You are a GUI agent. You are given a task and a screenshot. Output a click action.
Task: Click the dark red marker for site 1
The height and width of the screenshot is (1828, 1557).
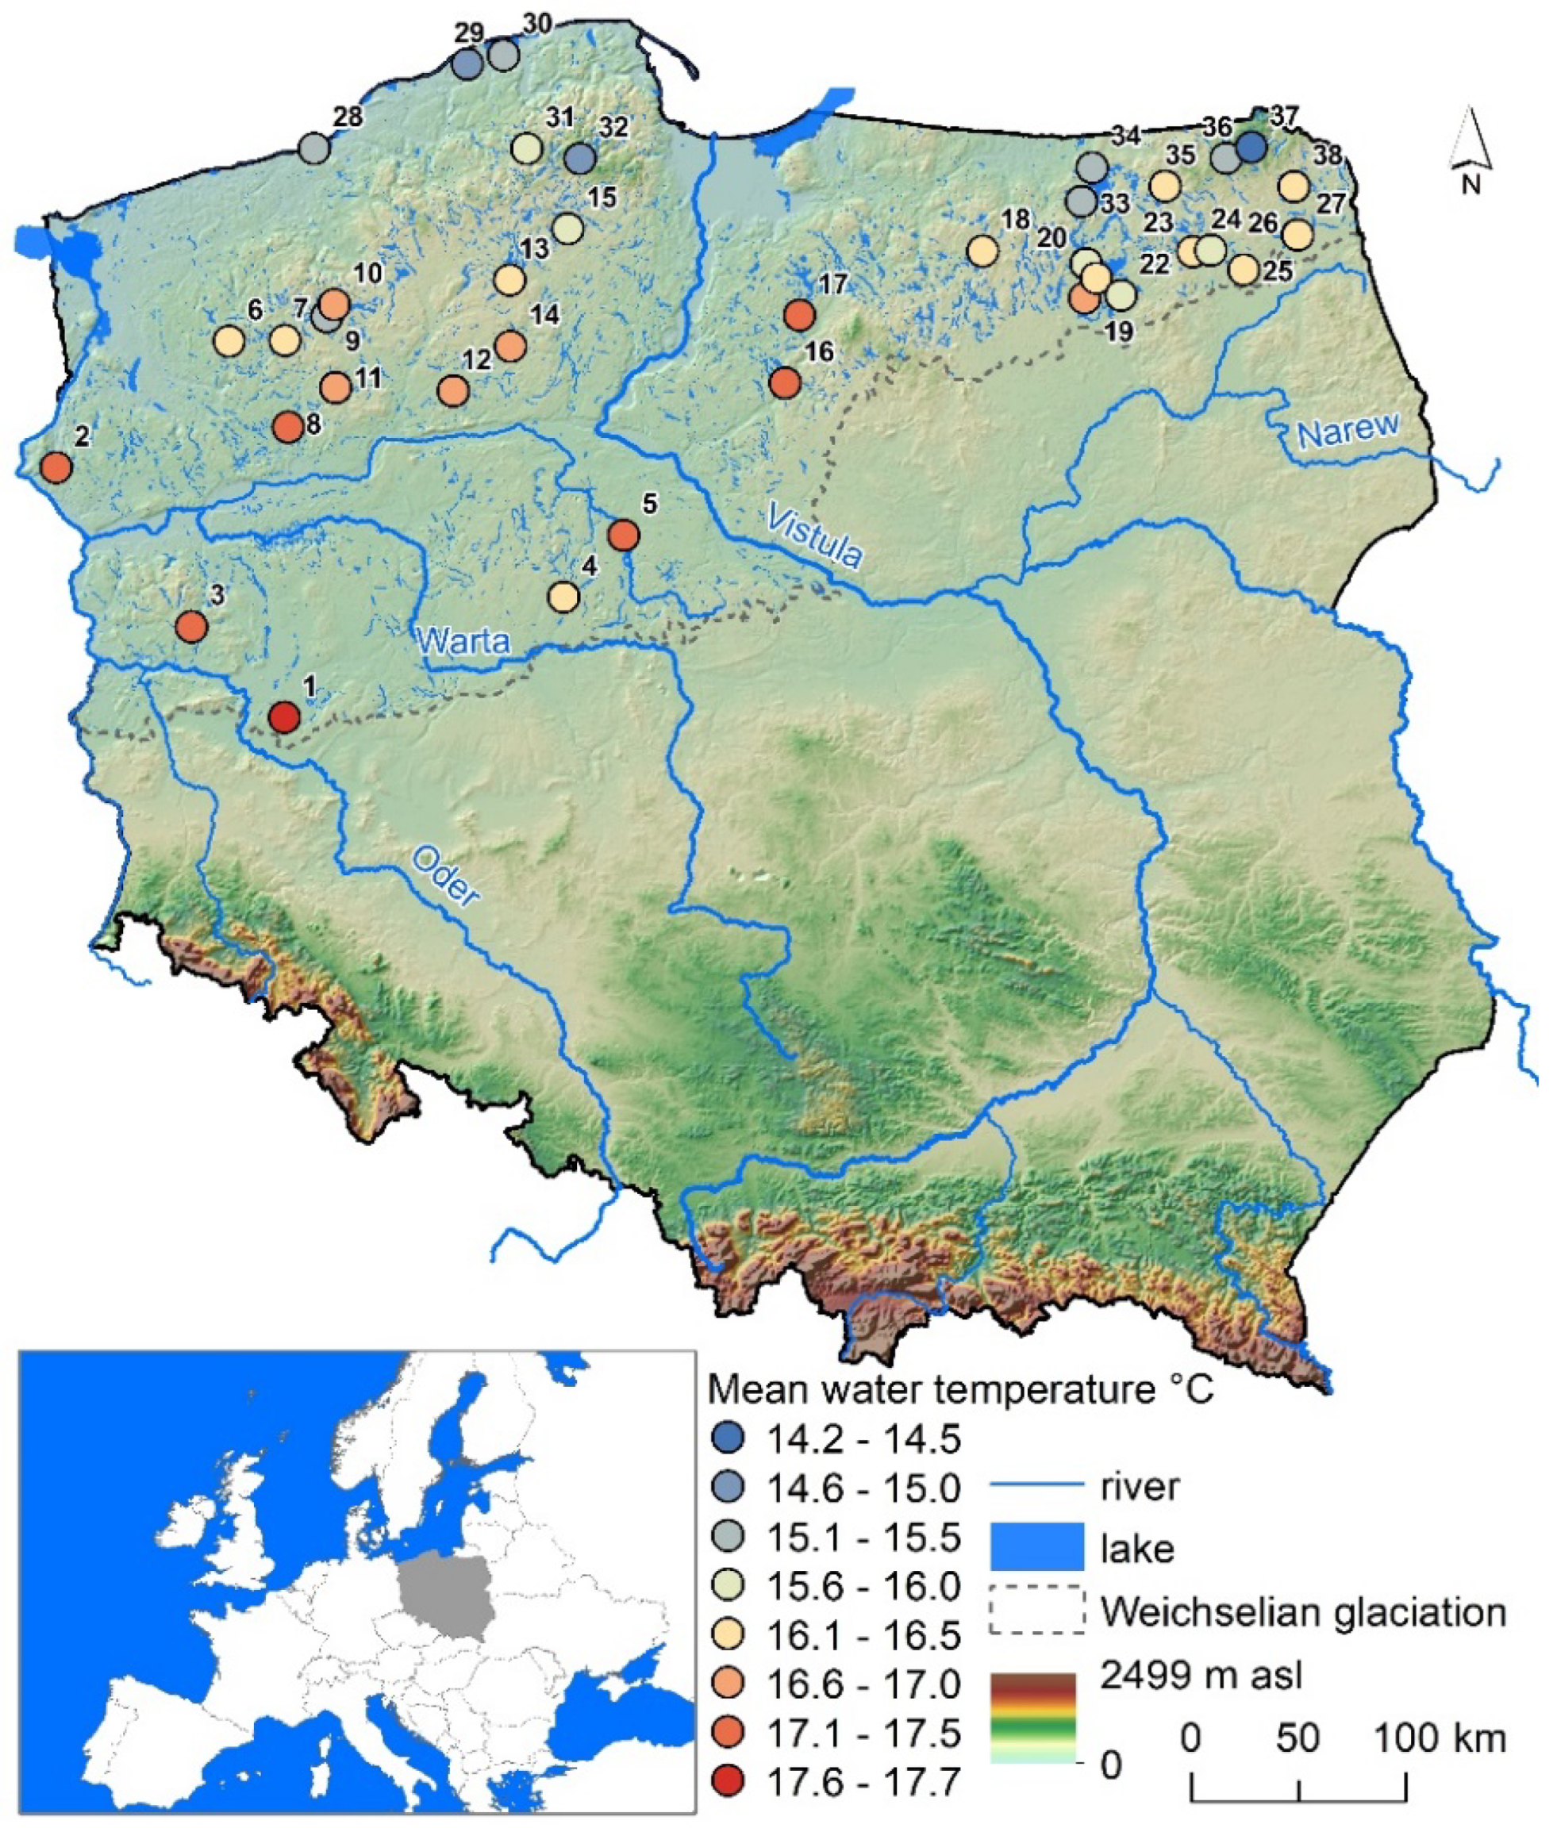pyautogui.click(x=284, y=717)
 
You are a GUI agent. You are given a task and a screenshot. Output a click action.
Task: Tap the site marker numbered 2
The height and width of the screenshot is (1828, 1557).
pyautogui.click(x=56, y=467)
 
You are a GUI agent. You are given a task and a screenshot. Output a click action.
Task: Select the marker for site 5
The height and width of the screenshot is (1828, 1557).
pyautogui.click(x=624, y=535)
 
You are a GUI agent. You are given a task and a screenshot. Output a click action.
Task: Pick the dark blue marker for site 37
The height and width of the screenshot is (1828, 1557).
pyautogui.click(x=1251, y=148)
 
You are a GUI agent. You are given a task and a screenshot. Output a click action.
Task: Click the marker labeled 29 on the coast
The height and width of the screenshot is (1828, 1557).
pyautogui.click(x=467, y=63)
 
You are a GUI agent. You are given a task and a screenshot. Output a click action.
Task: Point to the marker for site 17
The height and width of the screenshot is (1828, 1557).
pyautogui.click(x=800, y=314)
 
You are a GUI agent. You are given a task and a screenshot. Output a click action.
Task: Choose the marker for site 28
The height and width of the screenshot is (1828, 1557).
pyautogui.click(x=314, y=148)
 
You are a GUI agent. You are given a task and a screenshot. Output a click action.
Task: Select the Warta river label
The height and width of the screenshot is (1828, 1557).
pyautogui.click(x=463, y=639)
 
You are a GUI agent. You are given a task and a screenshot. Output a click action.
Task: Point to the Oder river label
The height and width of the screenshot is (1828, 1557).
pyautogui.click(x=447, y=876)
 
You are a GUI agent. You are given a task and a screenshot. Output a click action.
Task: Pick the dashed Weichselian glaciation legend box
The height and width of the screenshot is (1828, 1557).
pyautogui.click(x=1036, y=1611)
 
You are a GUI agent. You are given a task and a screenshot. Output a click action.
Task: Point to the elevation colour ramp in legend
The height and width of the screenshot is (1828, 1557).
pyautogui.click(x=1032, y=1716)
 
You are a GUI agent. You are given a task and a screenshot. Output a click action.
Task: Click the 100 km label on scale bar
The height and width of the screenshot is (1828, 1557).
pyautogui.click(x=1439, y=1739)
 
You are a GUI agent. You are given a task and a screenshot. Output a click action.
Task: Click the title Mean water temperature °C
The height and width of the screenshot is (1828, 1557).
pyautogui.click(x=960, y=1389)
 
